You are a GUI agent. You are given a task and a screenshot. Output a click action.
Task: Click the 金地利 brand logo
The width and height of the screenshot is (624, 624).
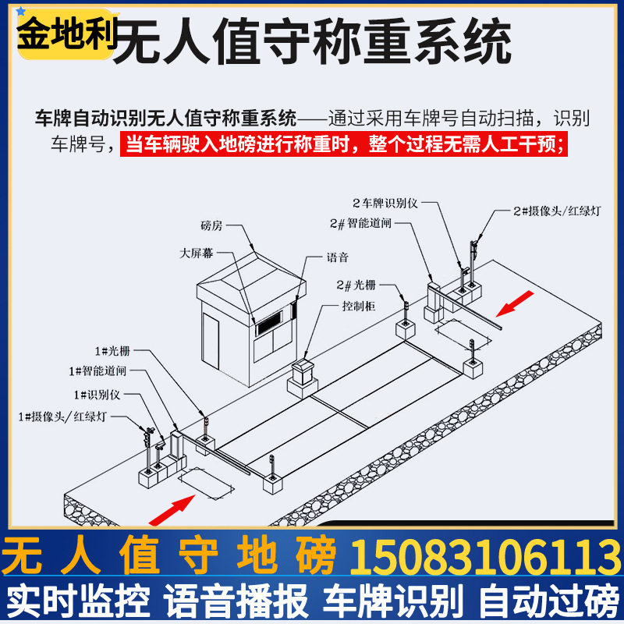tap(66, 34)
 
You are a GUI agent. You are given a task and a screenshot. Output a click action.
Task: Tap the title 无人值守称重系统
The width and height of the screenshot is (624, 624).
tap(312, 44)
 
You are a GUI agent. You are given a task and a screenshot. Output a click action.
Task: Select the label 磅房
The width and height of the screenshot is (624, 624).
tap(211, 227)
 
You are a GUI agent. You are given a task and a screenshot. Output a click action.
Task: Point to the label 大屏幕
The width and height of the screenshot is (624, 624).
tap(196, 253)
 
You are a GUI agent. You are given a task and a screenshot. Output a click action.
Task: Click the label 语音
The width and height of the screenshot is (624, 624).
tap(338, 257)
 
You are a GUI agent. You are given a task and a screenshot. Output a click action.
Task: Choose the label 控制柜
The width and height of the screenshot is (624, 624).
tap(359, 307)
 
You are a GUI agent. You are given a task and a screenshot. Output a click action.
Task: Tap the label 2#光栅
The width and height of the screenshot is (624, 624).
tap(356, 285)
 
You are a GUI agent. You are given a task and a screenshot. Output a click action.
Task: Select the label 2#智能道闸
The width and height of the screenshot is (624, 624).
tap(360, 224)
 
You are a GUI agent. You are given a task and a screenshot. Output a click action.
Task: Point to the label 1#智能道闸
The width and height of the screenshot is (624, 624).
tap(97, 370)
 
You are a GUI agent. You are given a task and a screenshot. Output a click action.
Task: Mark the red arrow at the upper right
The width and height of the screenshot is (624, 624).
tap(516, 304)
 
